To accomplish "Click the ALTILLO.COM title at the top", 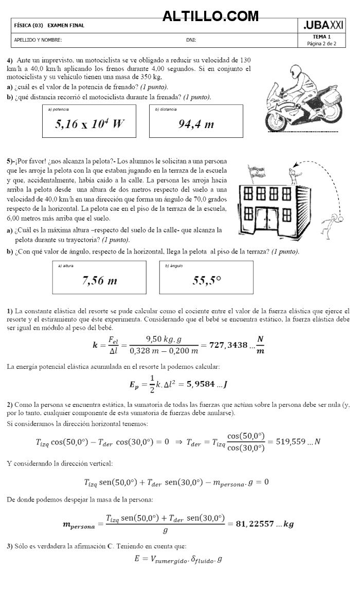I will tap(210, 16).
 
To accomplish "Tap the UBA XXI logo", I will tap(323, 25).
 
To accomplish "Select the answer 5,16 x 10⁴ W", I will tap(89, 124).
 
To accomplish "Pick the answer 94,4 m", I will tap(196, 124).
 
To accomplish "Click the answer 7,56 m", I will tap(99, 280).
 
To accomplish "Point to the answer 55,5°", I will tap(207, 280).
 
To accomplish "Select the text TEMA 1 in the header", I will tap(321, 37).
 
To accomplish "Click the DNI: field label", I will tap(191, 40).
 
